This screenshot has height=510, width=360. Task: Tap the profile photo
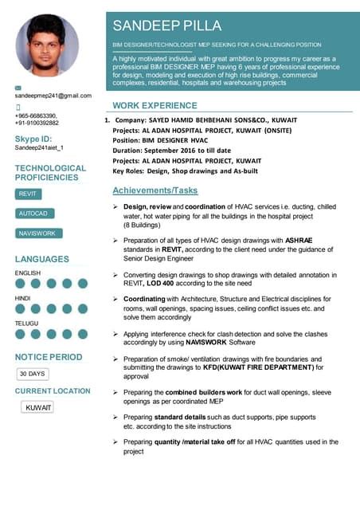[x=48, y=45]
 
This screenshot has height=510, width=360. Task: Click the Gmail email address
[x=53, y=96]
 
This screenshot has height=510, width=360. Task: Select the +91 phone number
[x=37, y=123]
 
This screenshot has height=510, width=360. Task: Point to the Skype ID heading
[x=33, y=139]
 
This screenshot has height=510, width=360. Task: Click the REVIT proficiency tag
[x=28, y=194]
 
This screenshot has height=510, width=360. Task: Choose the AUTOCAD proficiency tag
[x=33, y=214]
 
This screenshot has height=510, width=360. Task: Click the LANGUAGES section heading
[x=41, y=259]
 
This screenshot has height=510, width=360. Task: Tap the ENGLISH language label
[x=28, y=273]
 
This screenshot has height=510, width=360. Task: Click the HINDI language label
[x=23, y=298]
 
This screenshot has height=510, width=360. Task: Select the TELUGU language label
[x=26, y=324]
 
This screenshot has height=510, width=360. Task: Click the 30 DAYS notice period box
[x=33, y=373]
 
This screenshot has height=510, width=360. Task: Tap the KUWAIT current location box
[x=38, y=407]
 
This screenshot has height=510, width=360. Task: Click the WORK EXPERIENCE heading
[x=155, y=105]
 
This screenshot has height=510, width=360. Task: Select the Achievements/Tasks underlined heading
[x=155, y=191]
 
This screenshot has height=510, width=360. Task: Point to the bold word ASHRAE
[x=300, y=239]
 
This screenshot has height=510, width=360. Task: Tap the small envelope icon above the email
[x=19, y=86]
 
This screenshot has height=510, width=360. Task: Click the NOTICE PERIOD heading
[x=48, y=356]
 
